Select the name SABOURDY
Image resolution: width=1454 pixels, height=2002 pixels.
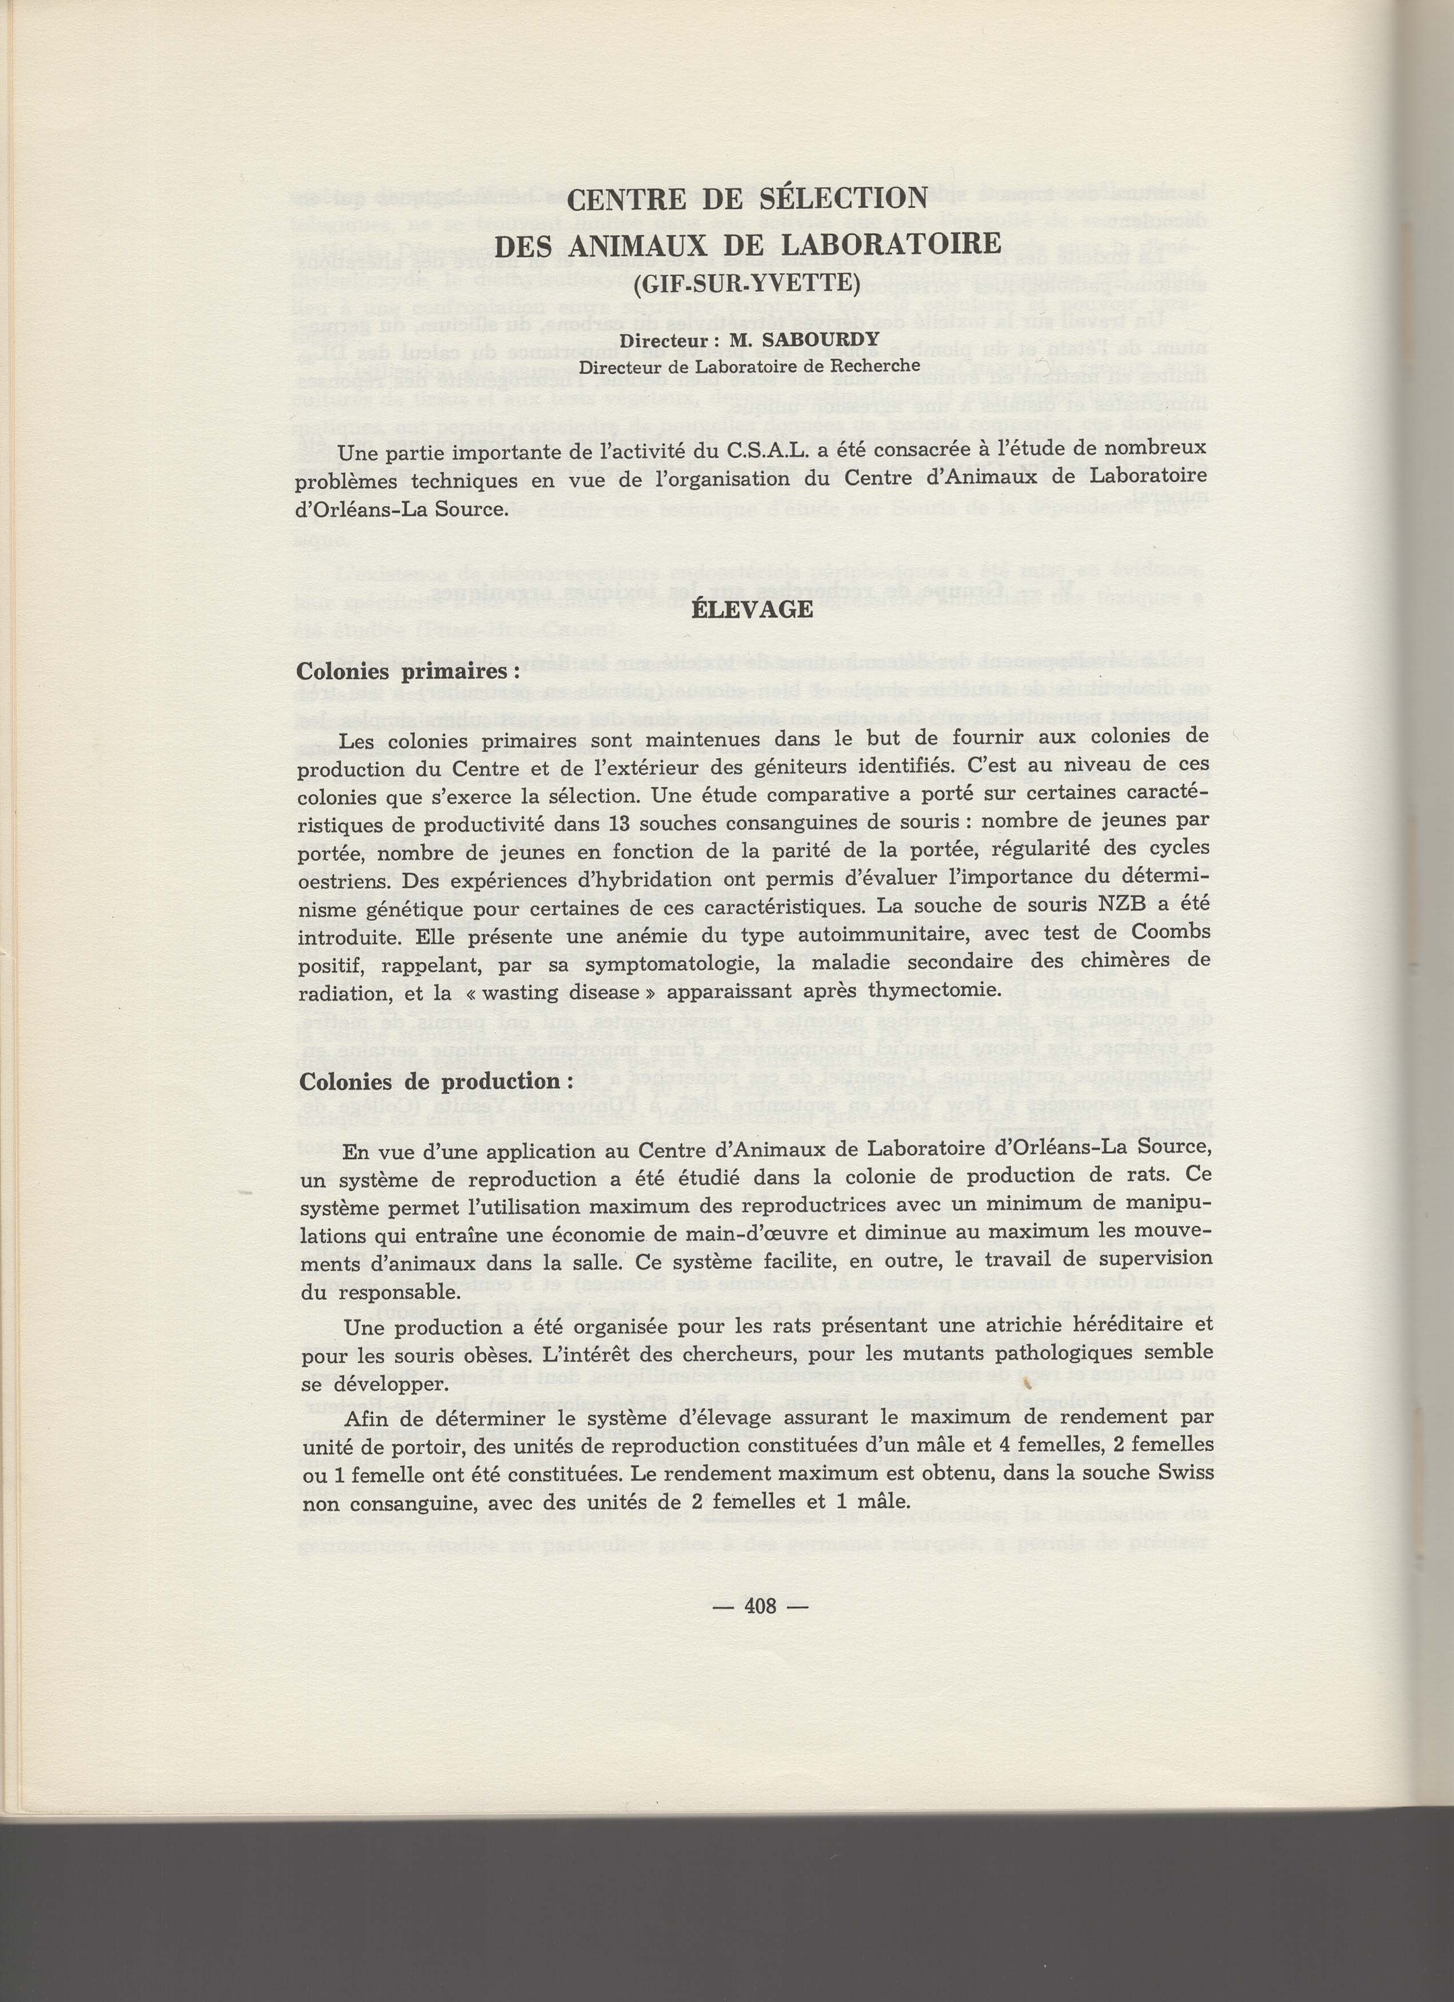point(814,342)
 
